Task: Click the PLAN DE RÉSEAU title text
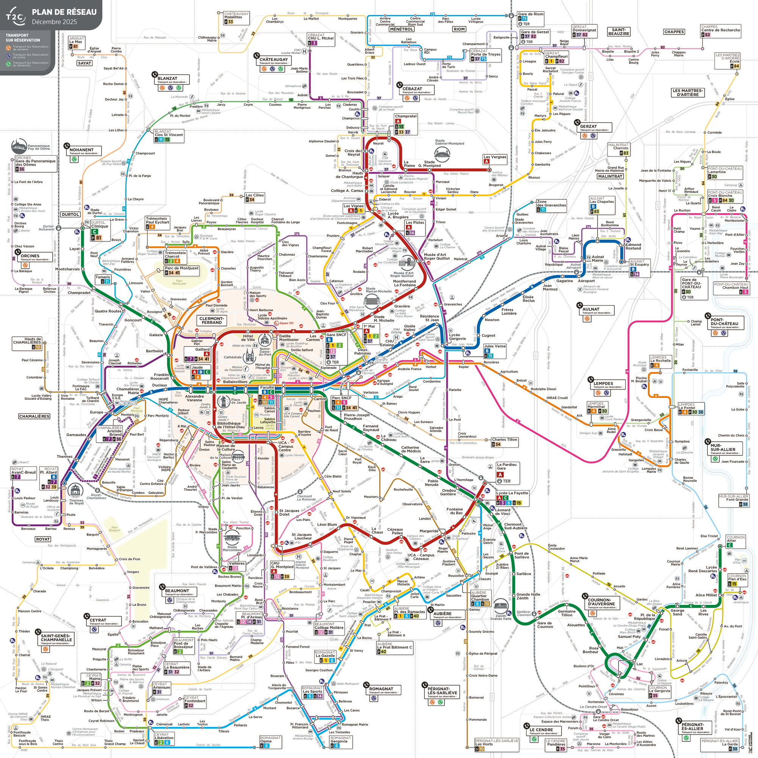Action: (x=64, y=12)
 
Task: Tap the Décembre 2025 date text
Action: (x=55, y=22)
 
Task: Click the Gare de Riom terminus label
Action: (x=531, y=14)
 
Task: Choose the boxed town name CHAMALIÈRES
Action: (x=34, y=416)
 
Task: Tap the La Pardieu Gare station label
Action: (x=508, y=466)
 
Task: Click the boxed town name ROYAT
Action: (x=43, y=539)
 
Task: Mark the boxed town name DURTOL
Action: (x=70, y=215)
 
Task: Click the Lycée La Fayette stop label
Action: (x=512, y=493)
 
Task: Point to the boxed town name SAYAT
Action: (x=85, y=63)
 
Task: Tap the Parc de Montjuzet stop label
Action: (x=181, y=268)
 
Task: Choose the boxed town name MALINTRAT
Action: (x=610, y=176)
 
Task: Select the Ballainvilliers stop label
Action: (x=235, y=382)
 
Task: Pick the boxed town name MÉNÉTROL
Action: (x=401, y=29)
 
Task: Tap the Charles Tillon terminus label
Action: (x=504, y=439)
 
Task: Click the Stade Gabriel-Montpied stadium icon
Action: (x=442, y=155)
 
